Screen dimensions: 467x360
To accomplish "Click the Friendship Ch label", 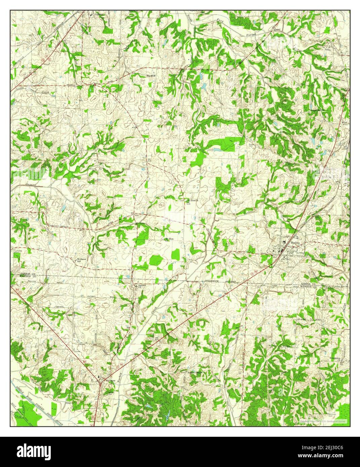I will click(x=336, y=358).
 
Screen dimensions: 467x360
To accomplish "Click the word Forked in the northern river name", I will click(x=250, y=35).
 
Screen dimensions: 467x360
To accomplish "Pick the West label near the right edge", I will click(x=345, y=123).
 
